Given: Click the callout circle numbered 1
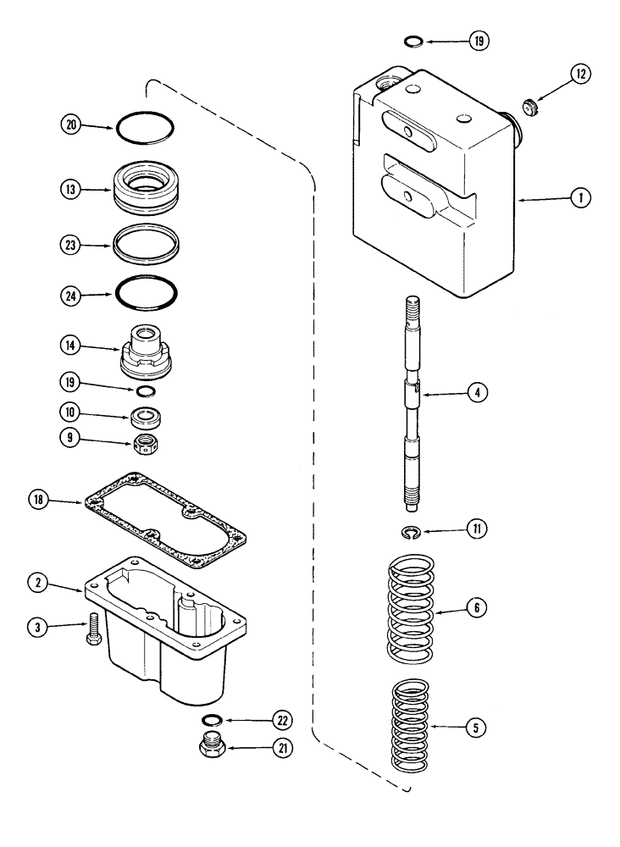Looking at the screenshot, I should click(579, 198).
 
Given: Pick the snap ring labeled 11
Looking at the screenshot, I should click(410, 532).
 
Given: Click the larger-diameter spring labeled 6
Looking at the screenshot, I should click(409, 607).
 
